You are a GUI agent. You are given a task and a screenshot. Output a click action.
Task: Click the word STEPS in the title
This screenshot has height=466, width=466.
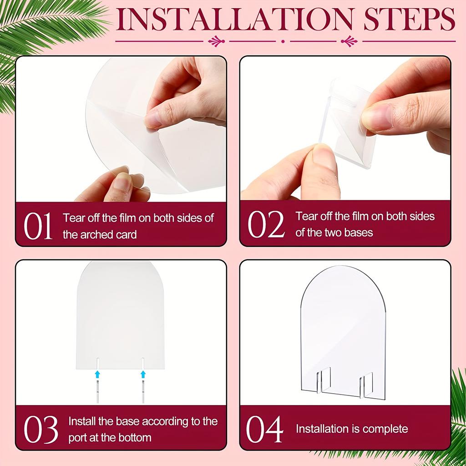[x=409, y=20]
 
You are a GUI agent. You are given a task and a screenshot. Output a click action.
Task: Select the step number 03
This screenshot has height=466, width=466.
[x=41, y=429]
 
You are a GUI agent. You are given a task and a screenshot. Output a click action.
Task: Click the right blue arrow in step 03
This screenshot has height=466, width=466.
[x=143, y=374]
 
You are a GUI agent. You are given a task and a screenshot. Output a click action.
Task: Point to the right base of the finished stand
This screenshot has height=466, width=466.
[x=366, y=384]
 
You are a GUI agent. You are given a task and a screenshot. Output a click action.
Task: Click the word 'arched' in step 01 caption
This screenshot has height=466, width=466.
[x=96, y=235]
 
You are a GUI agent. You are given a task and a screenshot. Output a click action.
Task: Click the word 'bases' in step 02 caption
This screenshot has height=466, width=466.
[x=361, y=233]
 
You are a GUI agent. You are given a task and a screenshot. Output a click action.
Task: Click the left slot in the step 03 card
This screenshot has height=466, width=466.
[x=97, y=363]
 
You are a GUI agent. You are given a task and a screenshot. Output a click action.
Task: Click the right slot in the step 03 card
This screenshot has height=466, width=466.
[x=143, y=363]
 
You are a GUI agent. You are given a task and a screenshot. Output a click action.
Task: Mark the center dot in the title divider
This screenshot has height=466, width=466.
[x=283, y=41]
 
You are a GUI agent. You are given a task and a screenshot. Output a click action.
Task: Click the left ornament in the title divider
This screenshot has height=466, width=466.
[x=216, y=41]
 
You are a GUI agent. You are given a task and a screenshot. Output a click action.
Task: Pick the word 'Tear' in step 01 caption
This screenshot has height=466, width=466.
[x=73, y=218]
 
